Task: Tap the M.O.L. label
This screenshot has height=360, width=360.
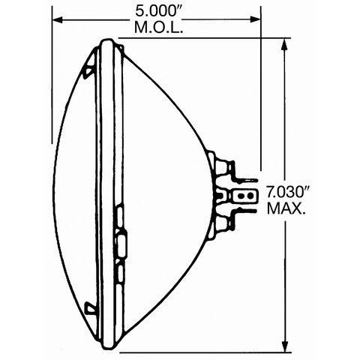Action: click(159, 28)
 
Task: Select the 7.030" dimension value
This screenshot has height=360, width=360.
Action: click(287, 192)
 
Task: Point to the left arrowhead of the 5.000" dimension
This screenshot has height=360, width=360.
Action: click(57, 19)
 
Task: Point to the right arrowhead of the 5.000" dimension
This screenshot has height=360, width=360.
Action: click(256, 19)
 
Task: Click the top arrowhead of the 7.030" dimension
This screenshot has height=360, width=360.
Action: click(284, 44)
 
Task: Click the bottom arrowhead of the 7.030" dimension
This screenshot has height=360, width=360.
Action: click(284, 346)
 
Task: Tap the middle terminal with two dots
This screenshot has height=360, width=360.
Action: click(244, 195)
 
